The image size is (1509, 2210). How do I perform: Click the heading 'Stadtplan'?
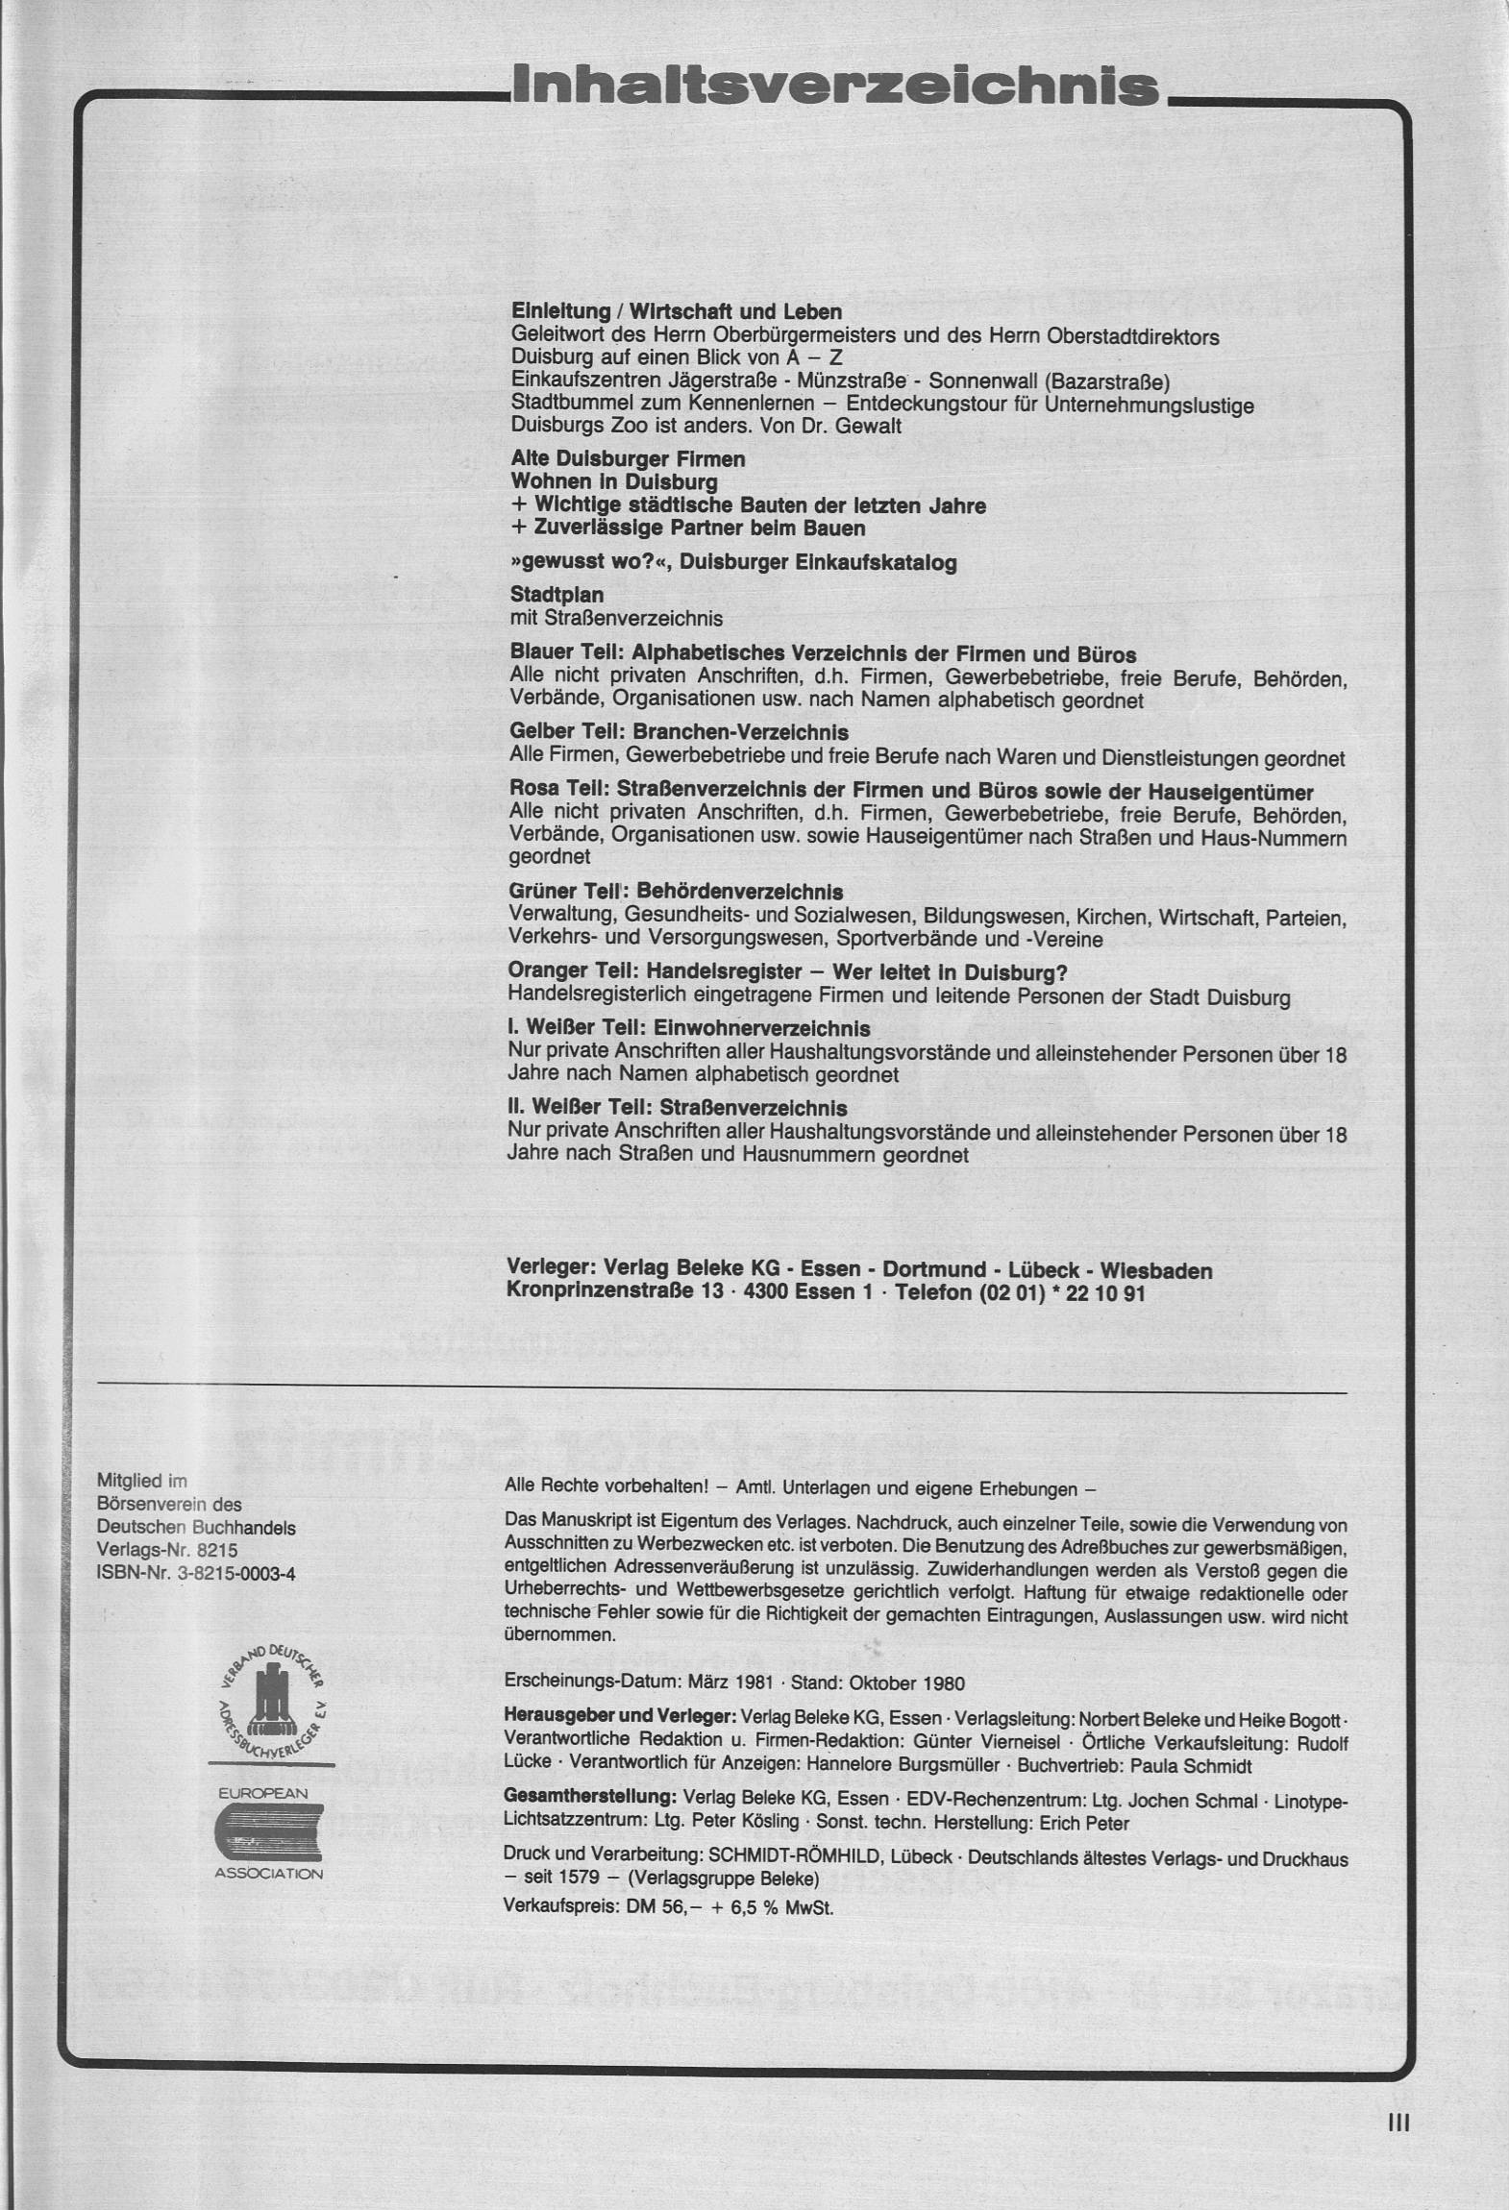coord(557,596)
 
